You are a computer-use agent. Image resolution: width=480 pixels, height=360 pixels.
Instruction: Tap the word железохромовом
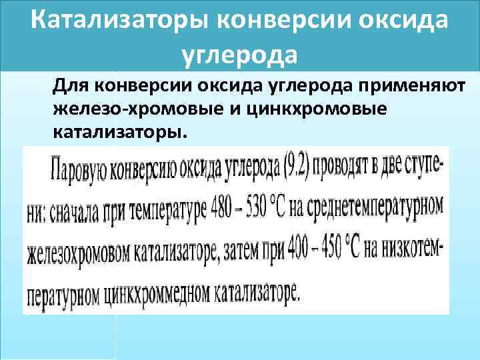click(78, 253)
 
